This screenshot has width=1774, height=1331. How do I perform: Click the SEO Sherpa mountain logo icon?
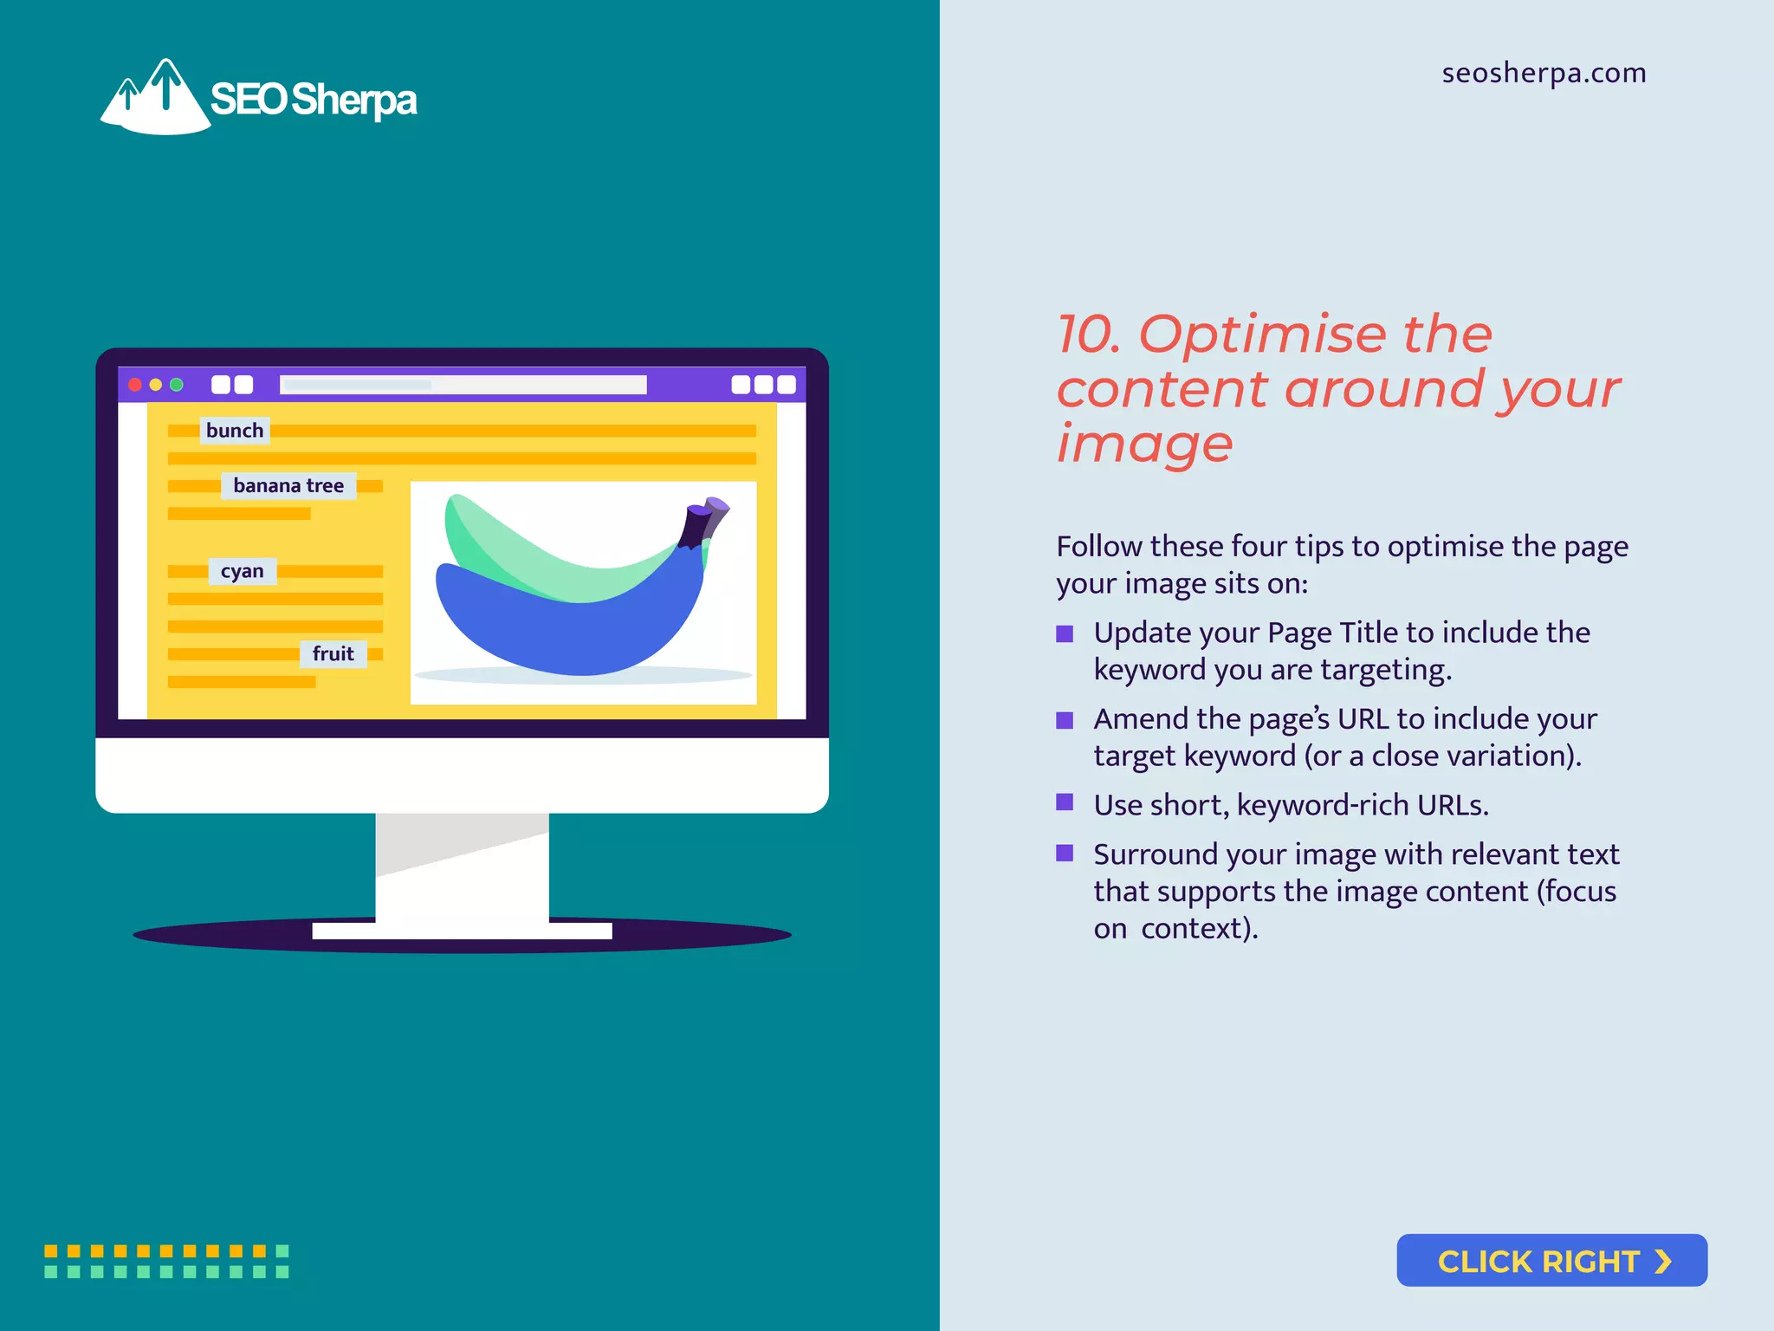click(156, 100)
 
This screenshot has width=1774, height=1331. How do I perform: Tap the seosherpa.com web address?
click(1544, 73)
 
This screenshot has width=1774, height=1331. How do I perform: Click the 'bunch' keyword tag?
click(235, 431)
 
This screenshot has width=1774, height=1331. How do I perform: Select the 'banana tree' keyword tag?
click(288, 485)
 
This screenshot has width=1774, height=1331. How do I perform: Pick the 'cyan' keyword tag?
click(242, 571)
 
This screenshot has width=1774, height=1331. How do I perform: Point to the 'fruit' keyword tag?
click(333, 653)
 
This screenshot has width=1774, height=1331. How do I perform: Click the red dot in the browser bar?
click(135, 385)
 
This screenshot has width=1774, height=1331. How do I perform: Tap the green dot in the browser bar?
click(177, 385)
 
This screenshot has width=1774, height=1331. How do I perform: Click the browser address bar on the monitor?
click(463, 385)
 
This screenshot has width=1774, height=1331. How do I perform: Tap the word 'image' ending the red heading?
click(1143, 444)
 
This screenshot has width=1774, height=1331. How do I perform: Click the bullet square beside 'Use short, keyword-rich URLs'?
click(1065, 802)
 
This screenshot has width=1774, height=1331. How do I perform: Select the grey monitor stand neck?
click(462, 867)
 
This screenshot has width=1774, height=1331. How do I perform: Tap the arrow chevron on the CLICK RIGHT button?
click(1662, 1262)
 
